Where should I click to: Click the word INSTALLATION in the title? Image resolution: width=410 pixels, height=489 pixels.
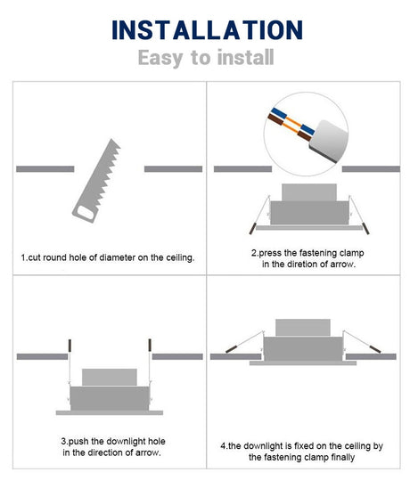pos(207,29)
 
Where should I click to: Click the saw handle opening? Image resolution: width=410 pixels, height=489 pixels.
pos(86,213)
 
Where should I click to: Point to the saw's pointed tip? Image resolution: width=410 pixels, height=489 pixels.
pos(111,140)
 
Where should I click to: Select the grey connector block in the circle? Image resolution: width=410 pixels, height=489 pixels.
pos(329,141)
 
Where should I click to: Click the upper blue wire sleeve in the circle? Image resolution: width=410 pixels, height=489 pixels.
pos(279,113)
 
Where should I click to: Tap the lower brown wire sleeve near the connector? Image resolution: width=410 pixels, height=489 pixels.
pos(304,135)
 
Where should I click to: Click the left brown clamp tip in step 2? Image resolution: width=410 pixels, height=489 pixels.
pos(252,229)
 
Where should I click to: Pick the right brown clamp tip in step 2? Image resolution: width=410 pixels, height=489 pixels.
pos(365,229)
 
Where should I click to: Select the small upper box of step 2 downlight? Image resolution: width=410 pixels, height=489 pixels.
pos(309,192)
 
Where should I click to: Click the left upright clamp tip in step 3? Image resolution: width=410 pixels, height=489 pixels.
pos(70,345)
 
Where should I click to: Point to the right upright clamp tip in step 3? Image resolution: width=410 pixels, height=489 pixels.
pos(150,345)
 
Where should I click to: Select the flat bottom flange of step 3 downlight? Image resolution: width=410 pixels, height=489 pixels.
pos(110,412)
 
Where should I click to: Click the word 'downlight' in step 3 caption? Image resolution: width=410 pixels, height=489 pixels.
pos(126,441)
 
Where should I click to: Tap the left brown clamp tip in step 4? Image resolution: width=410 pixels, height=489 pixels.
pos(231,349)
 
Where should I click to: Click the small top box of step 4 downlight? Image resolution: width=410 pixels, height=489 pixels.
pos(303,328)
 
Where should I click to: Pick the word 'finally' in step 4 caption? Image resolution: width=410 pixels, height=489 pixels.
pos(342,458)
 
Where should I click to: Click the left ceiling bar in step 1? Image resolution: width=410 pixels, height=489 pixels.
pos(45,169)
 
